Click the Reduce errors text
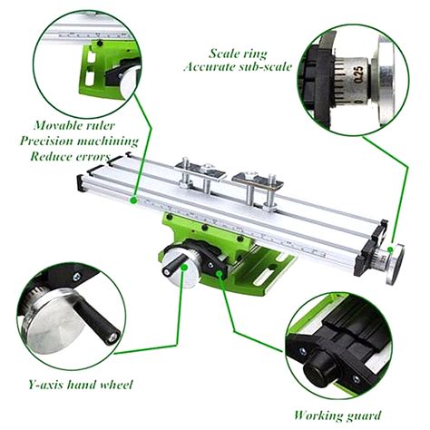71,156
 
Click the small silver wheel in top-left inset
126,79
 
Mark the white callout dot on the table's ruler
134,196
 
